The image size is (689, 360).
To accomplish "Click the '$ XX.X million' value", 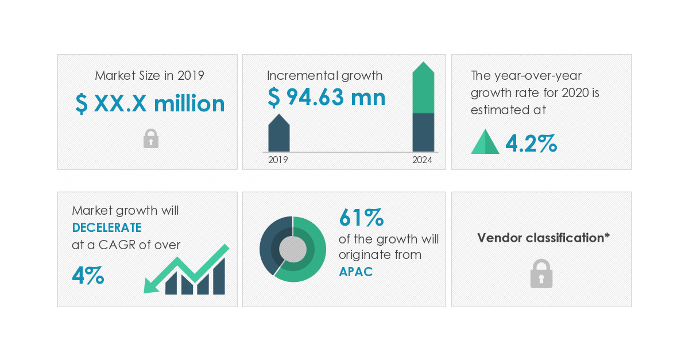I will point(150,104).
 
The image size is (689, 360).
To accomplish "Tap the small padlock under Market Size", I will point(150,139).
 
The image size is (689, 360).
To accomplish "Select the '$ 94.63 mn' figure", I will point(326,98).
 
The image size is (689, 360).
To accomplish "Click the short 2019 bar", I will point(279,135).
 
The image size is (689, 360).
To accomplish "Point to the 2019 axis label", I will point(278,160).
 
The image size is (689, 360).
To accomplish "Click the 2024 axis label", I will point(422,160).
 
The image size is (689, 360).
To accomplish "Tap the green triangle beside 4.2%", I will point(485,142).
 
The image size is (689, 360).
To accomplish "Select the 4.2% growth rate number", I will point(531,144).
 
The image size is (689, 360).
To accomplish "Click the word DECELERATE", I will point(107,227).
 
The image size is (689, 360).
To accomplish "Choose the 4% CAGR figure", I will point(88,276).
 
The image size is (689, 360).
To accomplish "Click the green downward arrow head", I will point(151,284).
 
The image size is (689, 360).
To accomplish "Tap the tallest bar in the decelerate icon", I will point(219,277).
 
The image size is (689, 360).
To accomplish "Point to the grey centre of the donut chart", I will point(293,249).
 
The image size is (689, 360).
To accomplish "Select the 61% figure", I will point(361,218).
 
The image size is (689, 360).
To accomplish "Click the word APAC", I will point(355,272).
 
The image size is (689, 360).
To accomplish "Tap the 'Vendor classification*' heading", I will point(543,238).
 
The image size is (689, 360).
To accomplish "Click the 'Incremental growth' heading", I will point(324,75).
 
